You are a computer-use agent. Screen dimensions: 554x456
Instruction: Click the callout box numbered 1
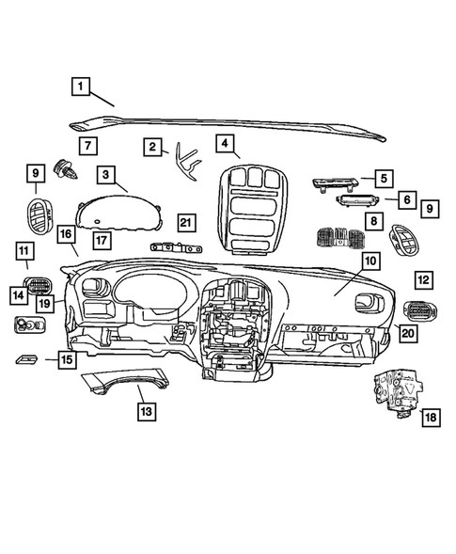83,87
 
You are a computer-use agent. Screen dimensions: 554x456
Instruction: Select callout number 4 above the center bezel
225,143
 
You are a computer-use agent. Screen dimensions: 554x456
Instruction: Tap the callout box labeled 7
86,146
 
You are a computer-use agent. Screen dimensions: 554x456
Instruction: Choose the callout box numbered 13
144,411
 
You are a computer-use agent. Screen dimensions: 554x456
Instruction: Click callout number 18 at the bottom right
431,418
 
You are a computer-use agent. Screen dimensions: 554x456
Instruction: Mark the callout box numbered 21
186,222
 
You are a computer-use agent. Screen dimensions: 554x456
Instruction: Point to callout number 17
101,240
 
